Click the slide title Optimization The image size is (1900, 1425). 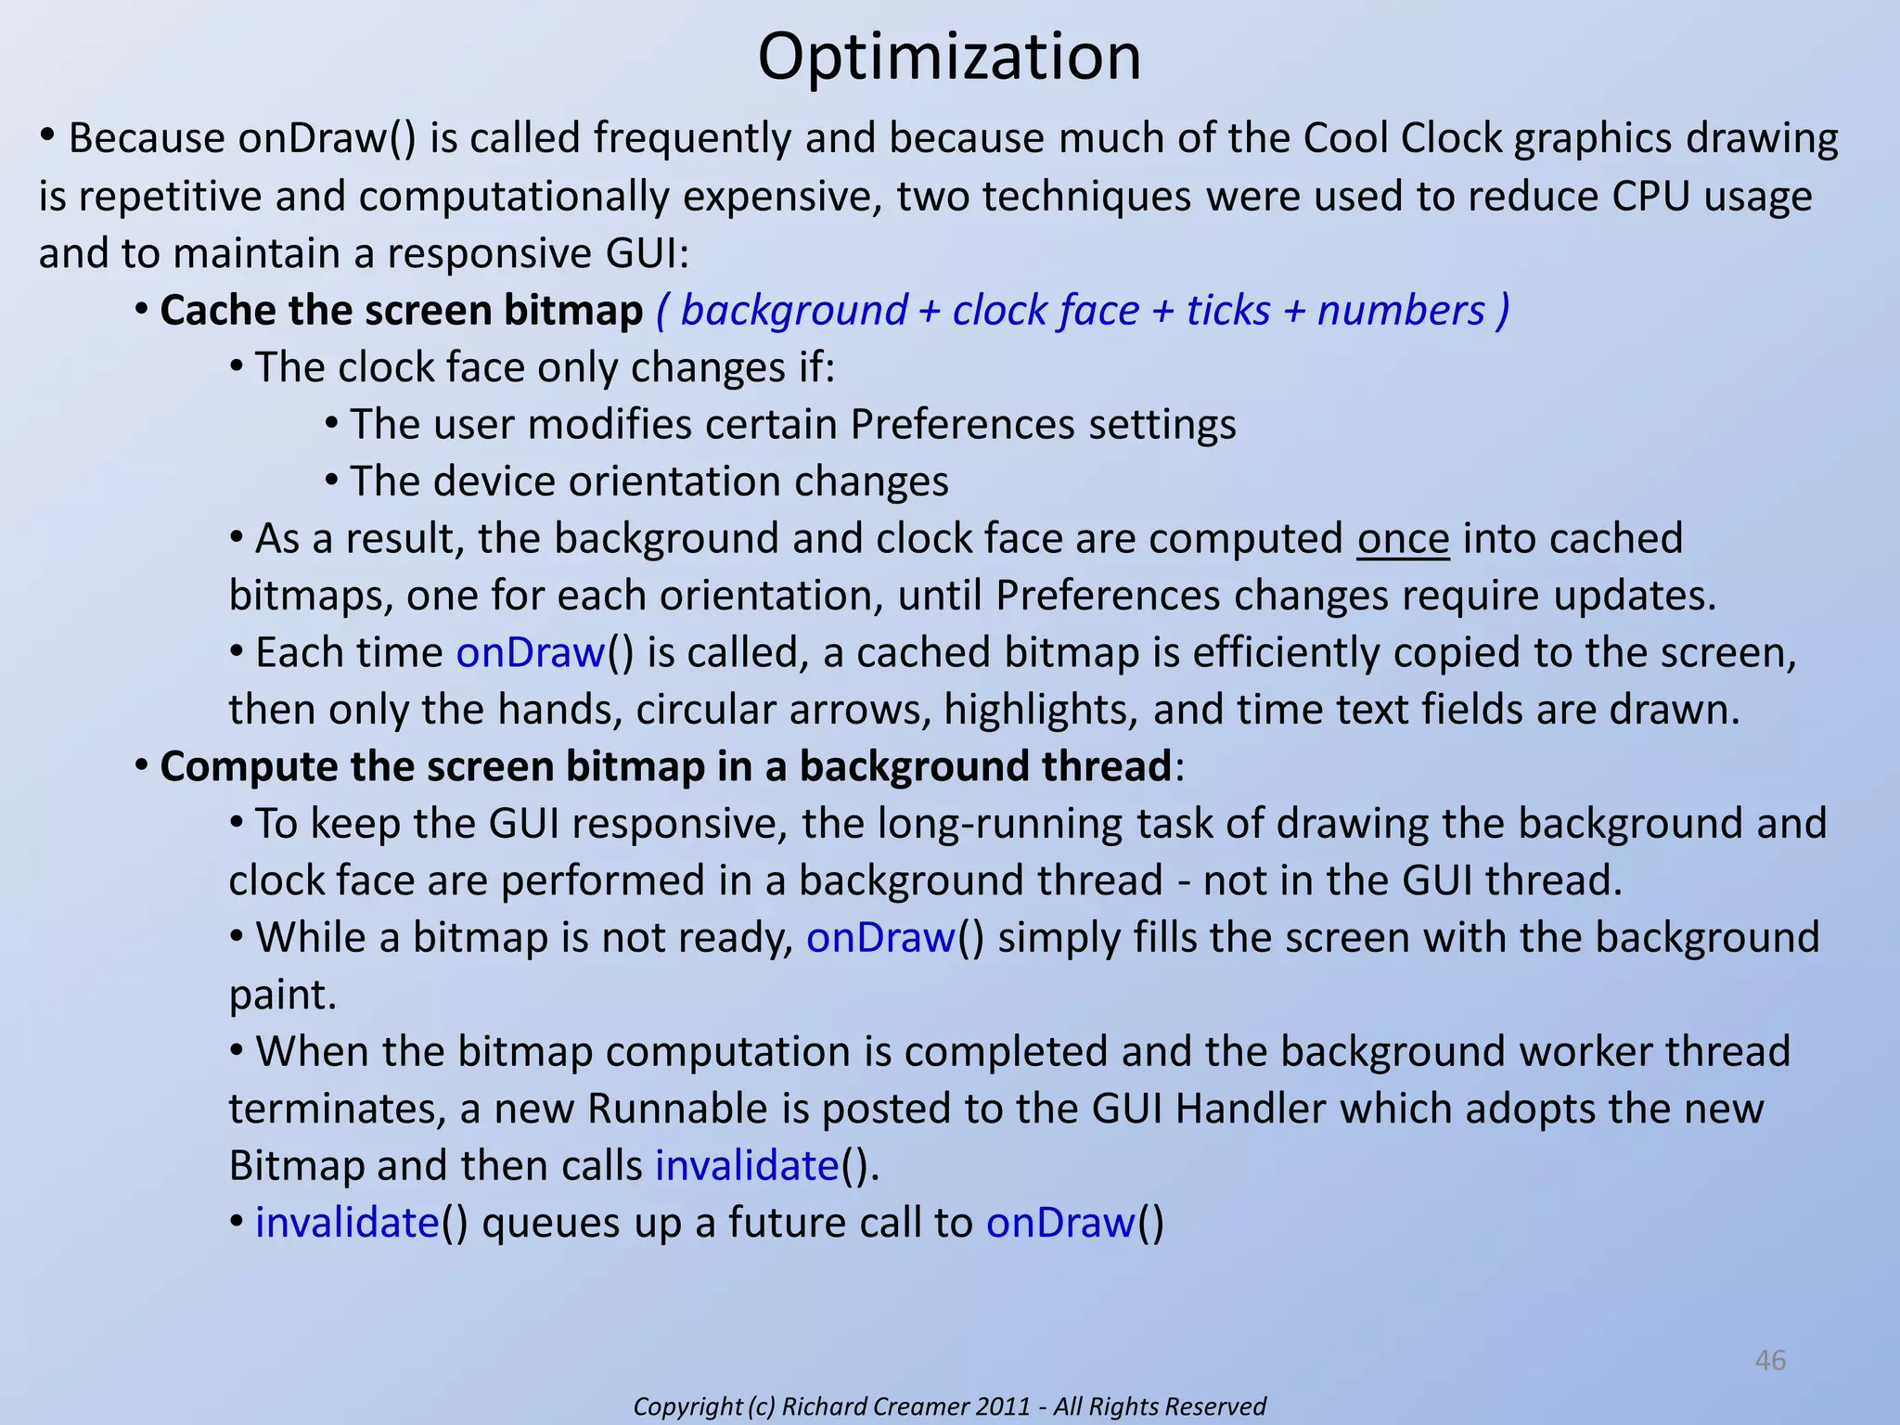tap(949, 58)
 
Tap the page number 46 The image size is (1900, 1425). tap(1770, 1360)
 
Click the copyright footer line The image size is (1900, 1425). tap(949, 1406)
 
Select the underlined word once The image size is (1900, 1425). tap(1403, 539)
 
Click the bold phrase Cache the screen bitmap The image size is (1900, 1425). tap(401, 311)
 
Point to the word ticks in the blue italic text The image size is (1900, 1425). tap(1228, 311)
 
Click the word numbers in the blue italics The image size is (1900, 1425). tap(1401, 311)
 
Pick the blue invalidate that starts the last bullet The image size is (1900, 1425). tap(347, 1223)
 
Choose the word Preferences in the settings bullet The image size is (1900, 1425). tap(962, 425)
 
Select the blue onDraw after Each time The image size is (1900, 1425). tap(531, 653)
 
